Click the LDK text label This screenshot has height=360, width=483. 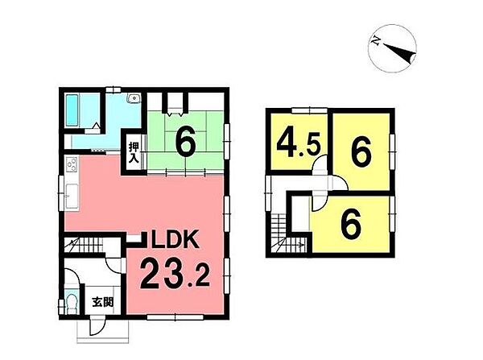[x=174, y=240]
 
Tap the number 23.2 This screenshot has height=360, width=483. [x=175, y=274]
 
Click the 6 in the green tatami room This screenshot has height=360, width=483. [x=186, y=142]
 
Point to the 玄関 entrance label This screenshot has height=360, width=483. [x=103, y=302]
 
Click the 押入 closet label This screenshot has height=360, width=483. [x=134, y=152]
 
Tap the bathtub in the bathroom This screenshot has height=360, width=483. [x=72, y=110]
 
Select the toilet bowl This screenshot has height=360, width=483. [x=72, y=304]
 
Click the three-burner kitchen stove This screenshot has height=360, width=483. [x=72, y=163]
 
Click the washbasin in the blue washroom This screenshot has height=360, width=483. [x=134, y=98]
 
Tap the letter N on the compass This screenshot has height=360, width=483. [x=375, y=40]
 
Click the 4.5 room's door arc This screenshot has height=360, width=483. [x=320, y=163]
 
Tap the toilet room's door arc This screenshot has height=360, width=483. [x=72, y=275]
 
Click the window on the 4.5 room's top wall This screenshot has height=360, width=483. [x=309, y=110]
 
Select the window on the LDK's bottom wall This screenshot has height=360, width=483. [x=175, y=317]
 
